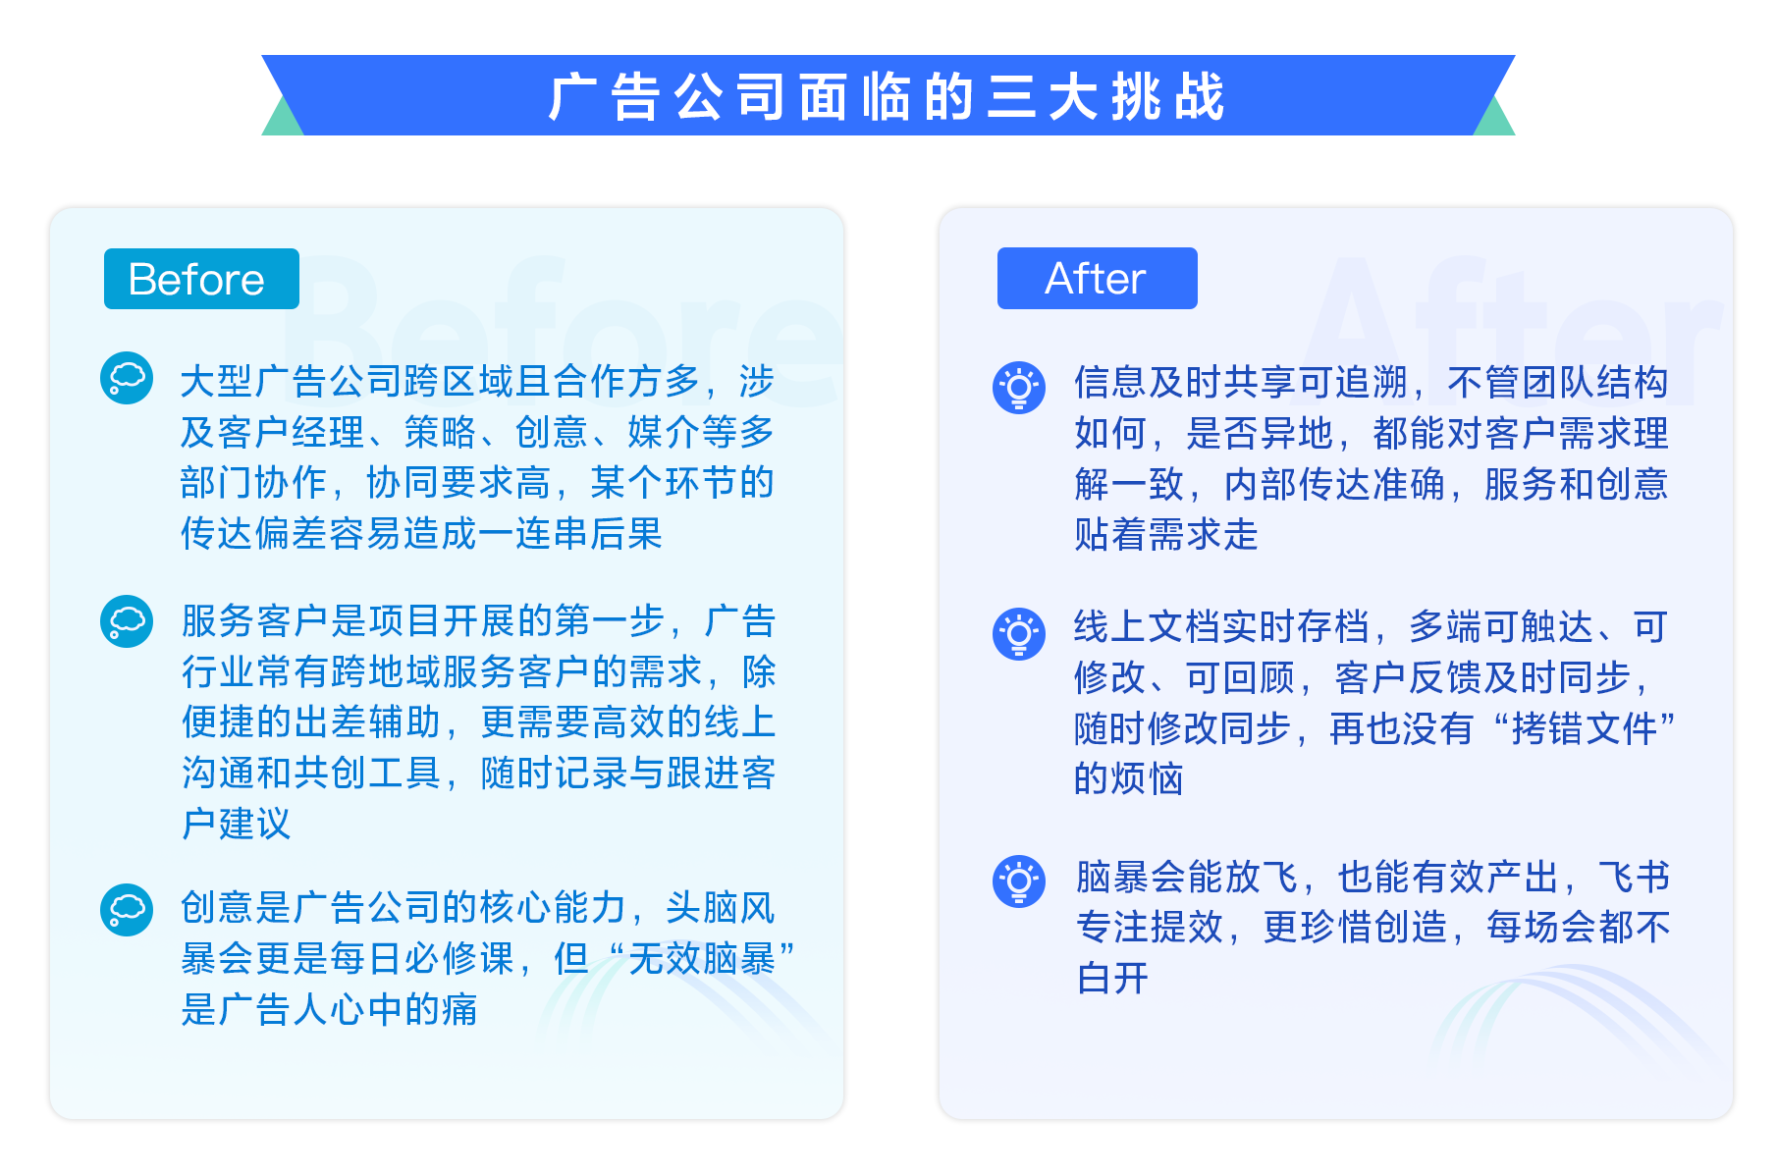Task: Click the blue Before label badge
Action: tap(201, 279)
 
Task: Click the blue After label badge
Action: tap(1097, 279)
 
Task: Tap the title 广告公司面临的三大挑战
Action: tap(888, 97)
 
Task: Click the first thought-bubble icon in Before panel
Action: tap(127, 378)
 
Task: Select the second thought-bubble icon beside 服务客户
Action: tap(127, 621)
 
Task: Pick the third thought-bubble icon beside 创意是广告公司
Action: tap(127, 910)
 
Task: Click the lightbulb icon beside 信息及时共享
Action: tap(1019, 388)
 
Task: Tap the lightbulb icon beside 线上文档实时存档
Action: tap(1019, 633)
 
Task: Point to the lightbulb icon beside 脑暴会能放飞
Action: tap(1019, 881)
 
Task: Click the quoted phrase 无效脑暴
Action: tap(701, 959)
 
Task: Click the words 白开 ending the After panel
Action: tap(1112, 979)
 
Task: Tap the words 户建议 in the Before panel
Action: tap(237, 824)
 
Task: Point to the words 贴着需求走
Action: tap(1166, 535)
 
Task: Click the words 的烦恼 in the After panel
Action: tap(1128, 778)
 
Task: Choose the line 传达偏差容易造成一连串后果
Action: tap(421, 534)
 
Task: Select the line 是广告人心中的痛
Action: tap(329, 1009)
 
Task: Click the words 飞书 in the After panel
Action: tap(1635, 877)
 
